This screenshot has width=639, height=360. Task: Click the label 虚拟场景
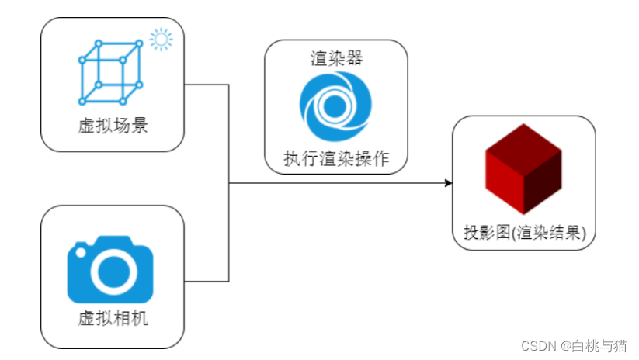click(113, 126)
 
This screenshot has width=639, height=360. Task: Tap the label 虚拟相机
click(113, 319)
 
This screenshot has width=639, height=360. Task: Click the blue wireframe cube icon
click(112, 71)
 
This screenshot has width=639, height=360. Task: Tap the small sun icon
click(161, 39)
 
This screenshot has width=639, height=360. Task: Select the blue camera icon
click(110, 272)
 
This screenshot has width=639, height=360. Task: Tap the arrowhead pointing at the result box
click(448, 183)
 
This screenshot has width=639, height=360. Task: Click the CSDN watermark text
click(540, 345)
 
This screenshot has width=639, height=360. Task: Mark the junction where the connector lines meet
click(229, 183)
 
